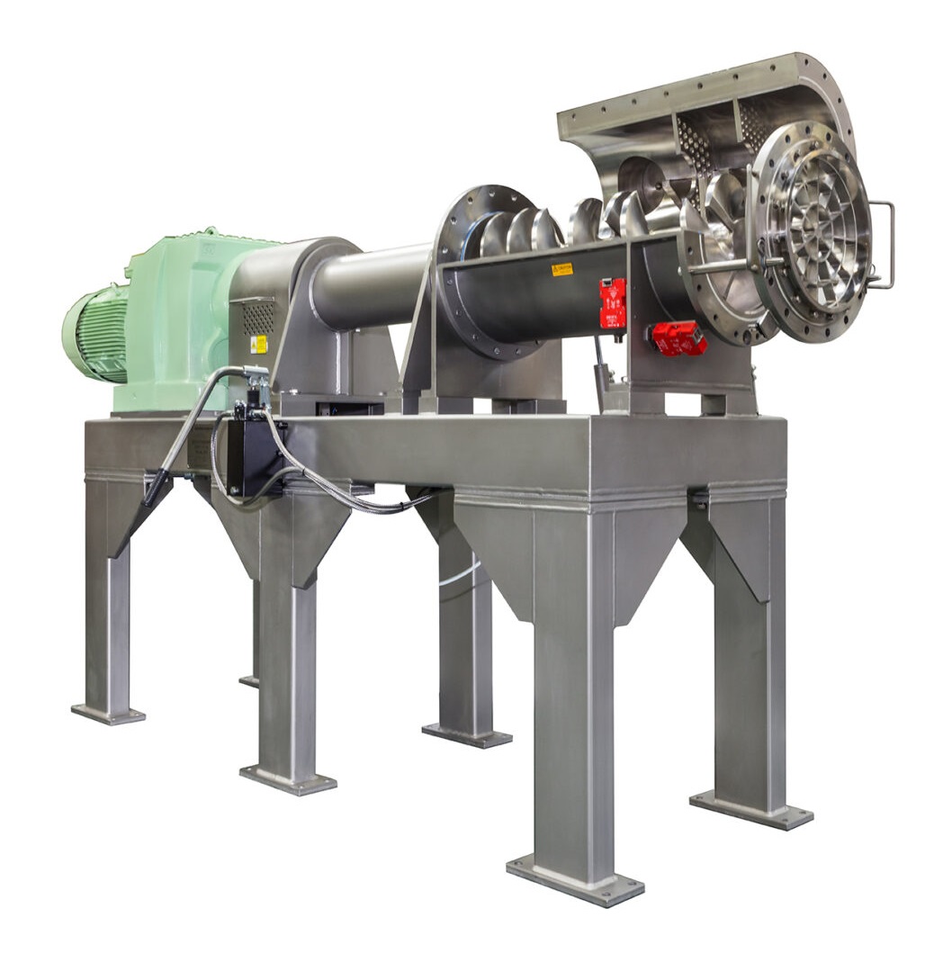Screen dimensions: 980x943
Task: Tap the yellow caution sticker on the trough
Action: tap(561, 268)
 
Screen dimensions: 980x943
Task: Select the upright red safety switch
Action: tap(612, 302)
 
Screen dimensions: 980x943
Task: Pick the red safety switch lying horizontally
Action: tap(678, 338)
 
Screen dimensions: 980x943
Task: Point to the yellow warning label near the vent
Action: tap(258, 343)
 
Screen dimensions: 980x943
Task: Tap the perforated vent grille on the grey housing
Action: tap(257, 317)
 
